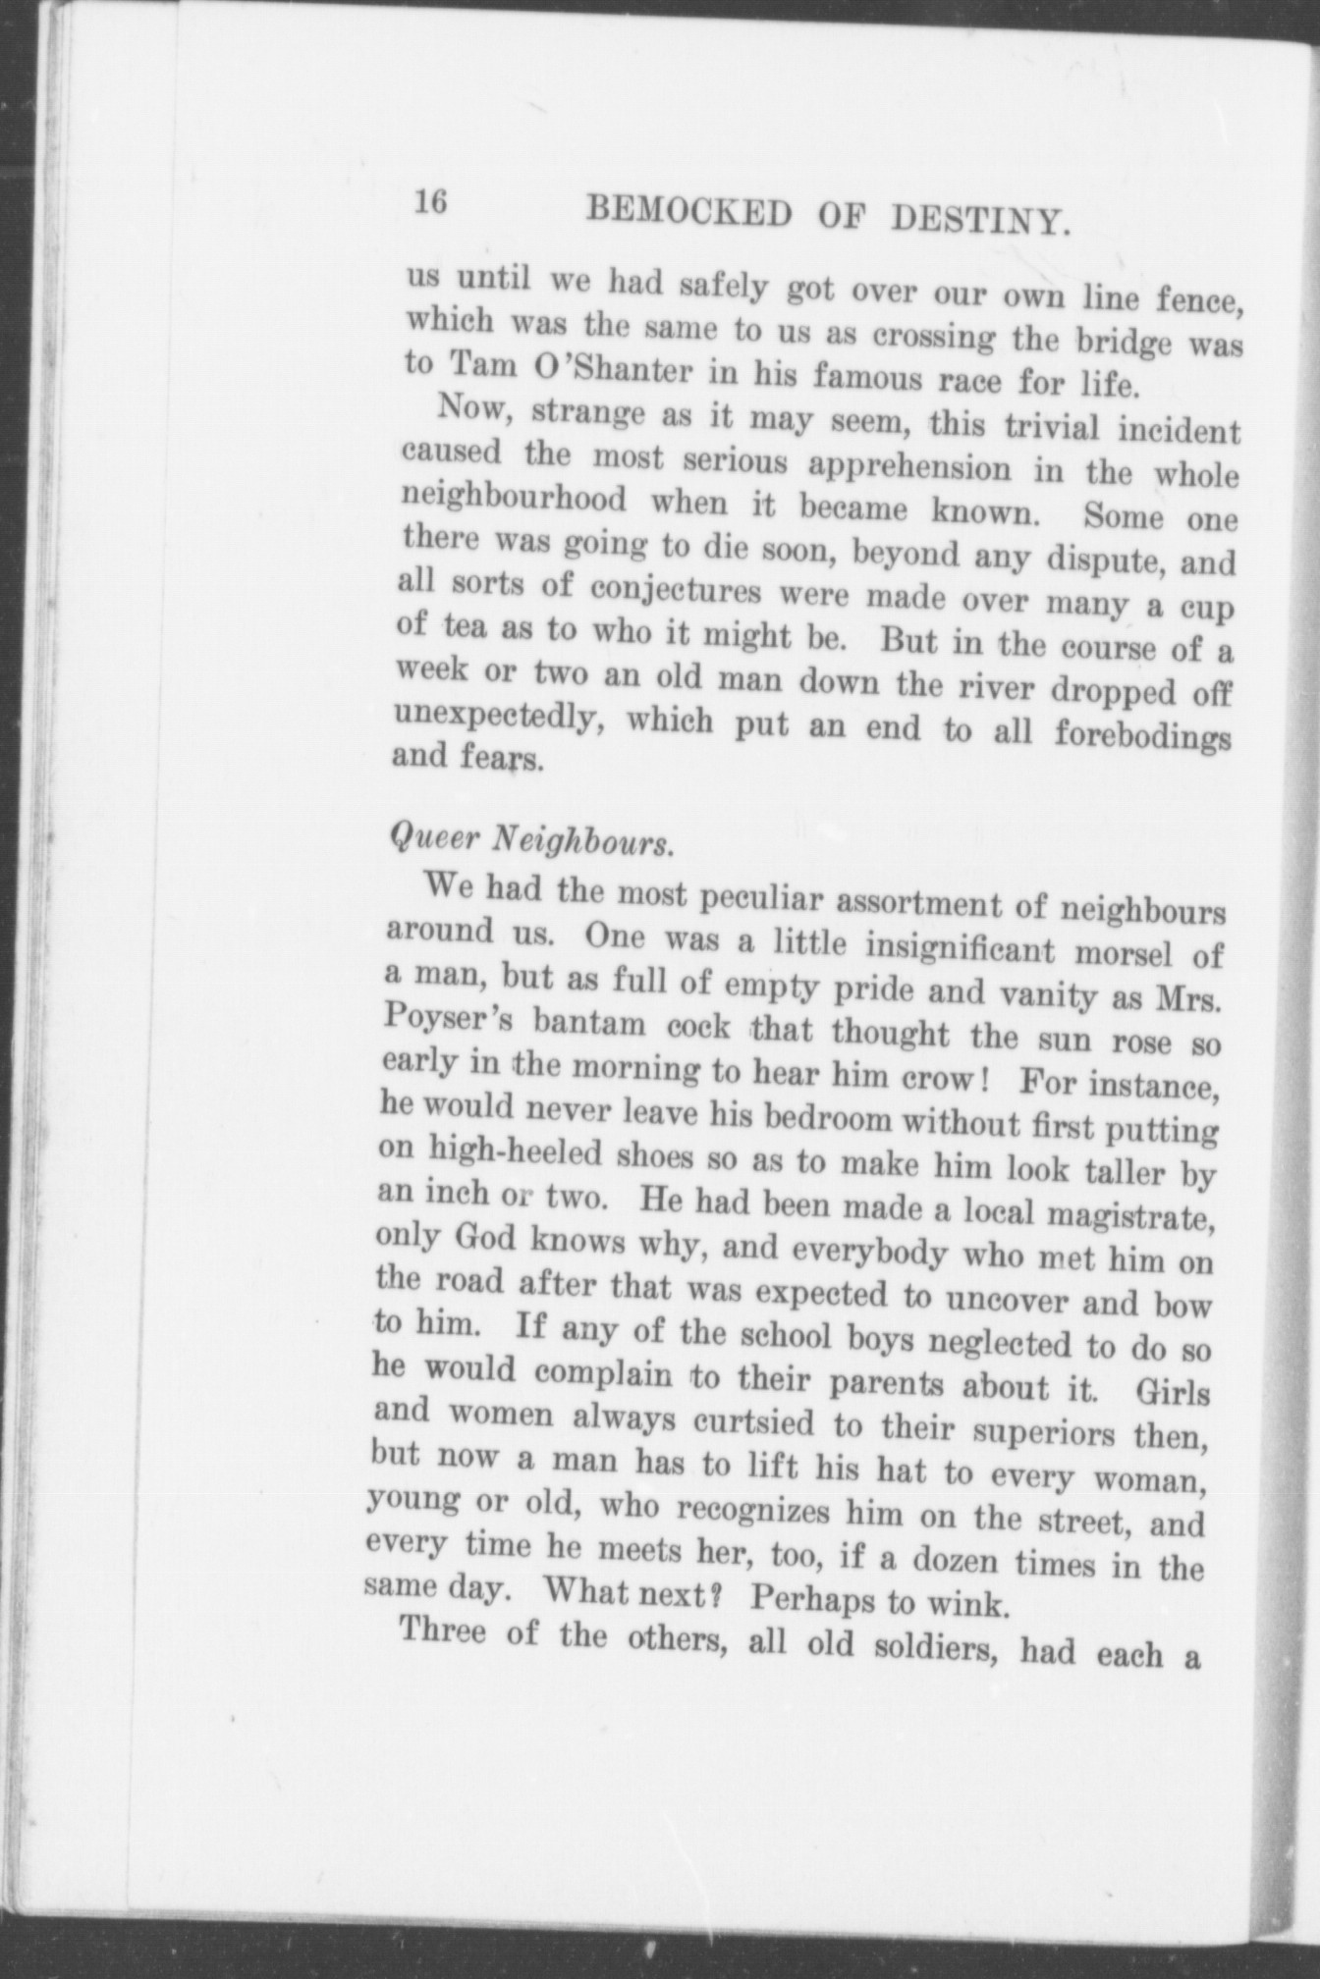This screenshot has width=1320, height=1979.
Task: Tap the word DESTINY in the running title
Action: tap(978, 224)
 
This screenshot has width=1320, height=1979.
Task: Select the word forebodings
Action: tap(1142, 733)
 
